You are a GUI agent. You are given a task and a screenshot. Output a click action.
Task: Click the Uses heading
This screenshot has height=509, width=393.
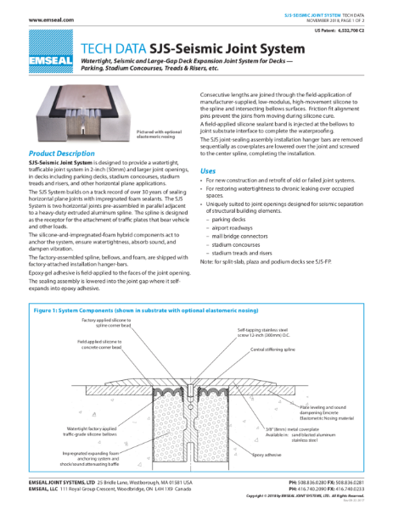[x=207, y=171]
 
